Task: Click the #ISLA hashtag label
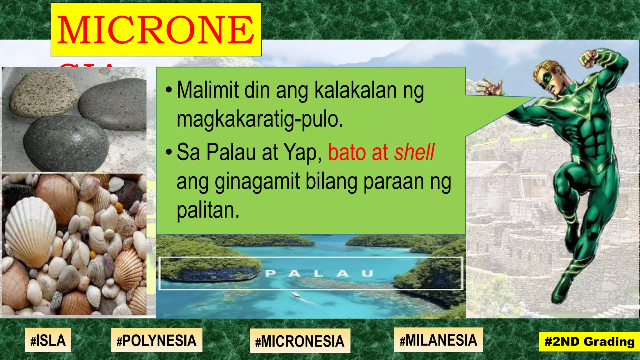48,340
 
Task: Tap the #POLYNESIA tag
157,340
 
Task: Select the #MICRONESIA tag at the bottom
300,341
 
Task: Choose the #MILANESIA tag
438,340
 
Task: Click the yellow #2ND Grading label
589,342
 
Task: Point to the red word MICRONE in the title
156,30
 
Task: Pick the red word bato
347,152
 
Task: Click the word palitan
208,210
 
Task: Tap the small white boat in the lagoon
295,294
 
